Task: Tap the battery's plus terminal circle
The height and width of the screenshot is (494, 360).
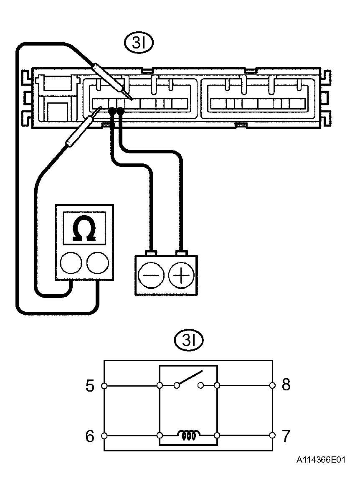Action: (x=181, y=275)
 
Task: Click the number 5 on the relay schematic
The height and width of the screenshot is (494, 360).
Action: (x=90, y=385)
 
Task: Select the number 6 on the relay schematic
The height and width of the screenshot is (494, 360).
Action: (x=90, y=436)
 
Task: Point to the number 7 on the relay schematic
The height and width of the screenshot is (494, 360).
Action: (x=285, y=436)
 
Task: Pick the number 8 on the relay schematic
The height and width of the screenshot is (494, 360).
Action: (x=286, y=385)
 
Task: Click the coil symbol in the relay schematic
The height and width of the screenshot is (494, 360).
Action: (x=188, y=435)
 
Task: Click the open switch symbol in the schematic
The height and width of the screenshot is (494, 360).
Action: (x=189, y=379)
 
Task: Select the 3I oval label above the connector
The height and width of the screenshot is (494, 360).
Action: (x=139, y=43)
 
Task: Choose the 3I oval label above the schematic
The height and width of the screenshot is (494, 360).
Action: (x=189, y=340)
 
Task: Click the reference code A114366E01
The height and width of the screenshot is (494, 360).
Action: (x=321, y=460)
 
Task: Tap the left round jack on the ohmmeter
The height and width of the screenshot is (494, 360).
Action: (x=71, y=262)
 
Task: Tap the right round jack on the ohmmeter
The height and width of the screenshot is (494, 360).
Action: (x=98, y=262)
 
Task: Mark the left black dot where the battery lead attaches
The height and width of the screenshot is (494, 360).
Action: (x=112, y=111)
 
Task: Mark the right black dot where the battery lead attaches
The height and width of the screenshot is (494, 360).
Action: (x=120, y=111)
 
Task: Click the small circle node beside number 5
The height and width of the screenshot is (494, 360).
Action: (x=104, y=385)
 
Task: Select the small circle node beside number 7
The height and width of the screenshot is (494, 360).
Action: (x=273, y=436)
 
